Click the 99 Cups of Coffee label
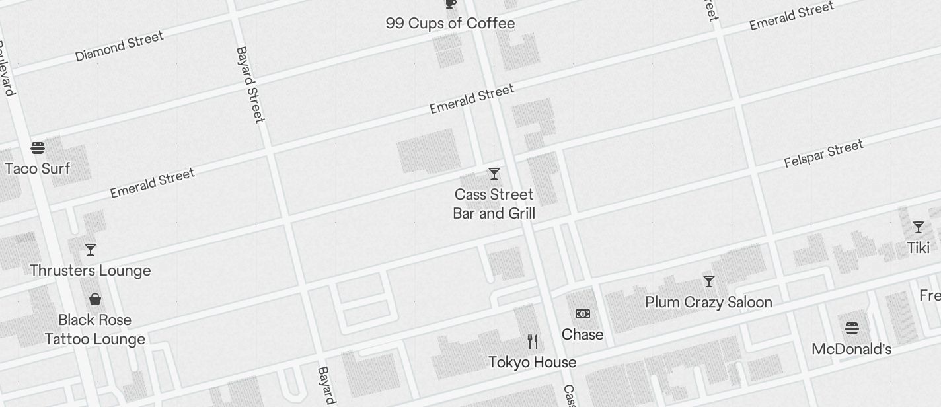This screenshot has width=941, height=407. tap(450, 24)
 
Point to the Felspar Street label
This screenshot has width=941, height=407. tap(823, 154)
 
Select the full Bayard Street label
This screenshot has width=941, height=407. tap(250, 84)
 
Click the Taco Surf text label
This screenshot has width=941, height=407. tap(38, 168)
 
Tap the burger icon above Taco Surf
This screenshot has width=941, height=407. tap(38, 148)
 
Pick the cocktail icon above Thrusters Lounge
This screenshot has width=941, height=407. tap(91, 250)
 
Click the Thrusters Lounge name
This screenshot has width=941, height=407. tap(91, 270)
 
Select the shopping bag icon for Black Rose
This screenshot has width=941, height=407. tap(95, 299)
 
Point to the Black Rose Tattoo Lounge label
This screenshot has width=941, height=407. tap(95, 329)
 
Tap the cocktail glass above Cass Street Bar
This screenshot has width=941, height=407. tap(494, 174)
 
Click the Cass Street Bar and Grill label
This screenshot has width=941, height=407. tap(494, 203)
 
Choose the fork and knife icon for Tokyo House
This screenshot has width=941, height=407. tap(533, 342)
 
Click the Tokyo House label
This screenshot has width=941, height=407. tap(532, 362)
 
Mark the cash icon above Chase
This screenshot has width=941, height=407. tap(582, 314)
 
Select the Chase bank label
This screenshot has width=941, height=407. tap(582, 334)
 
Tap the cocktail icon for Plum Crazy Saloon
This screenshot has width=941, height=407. tap(709, 281)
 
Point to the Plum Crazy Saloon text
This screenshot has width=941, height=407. tap(708, 302)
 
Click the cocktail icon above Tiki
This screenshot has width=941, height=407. tap(919, 227)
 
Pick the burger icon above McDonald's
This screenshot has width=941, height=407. tap(852, 328)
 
